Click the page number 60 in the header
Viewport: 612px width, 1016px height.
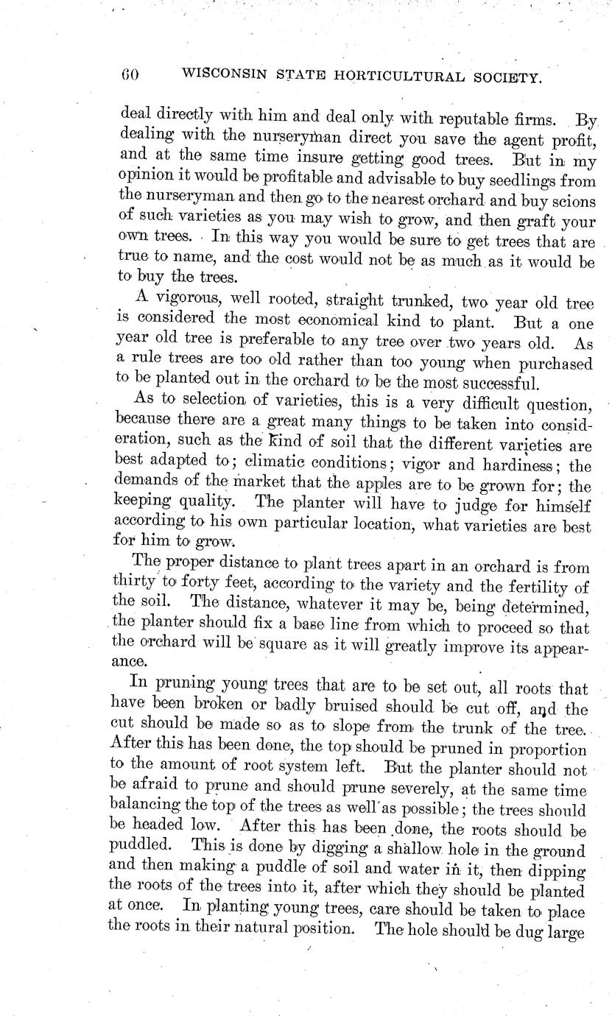pos(130,74)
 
